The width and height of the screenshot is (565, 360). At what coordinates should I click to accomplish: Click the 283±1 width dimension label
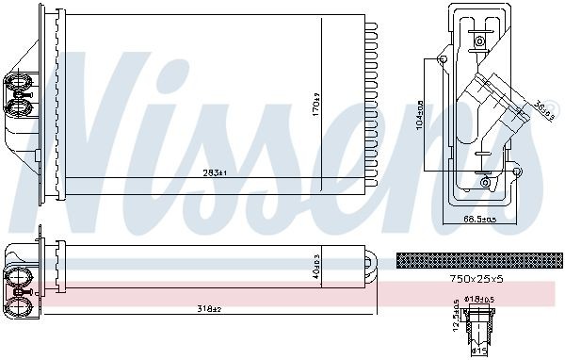coord(216,172)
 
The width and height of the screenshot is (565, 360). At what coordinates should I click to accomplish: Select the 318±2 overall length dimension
coord(209,308)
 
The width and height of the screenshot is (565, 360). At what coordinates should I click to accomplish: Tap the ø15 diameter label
coord(479,352)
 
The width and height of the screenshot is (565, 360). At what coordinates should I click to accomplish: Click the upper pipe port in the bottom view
coord(19,275)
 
